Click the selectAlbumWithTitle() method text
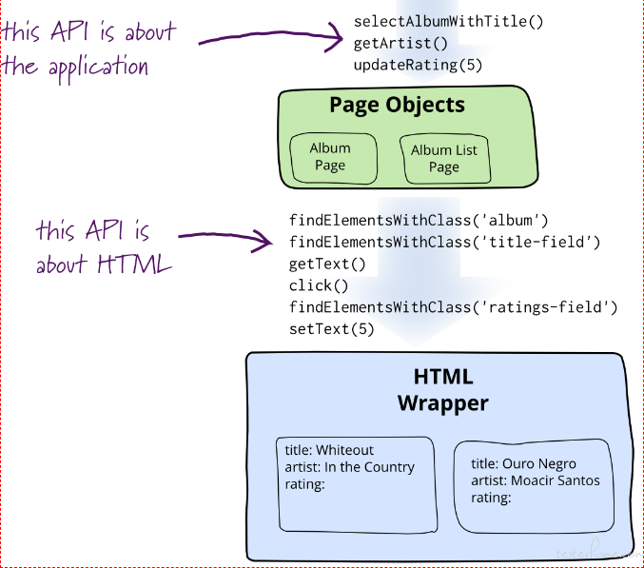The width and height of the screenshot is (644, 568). click(x=448, y=21)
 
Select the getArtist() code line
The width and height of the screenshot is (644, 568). click(x=400, y=43)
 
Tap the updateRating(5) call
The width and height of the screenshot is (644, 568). click(x=418, y=65)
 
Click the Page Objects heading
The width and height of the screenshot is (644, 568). click(x=398, y=105)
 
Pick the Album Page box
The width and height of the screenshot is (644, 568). click(x=333, y=158)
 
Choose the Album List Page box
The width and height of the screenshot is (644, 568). click(x=445, y=159)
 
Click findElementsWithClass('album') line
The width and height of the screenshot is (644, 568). click(x=419, y=221)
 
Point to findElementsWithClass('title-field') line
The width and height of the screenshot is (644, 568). click(x=445, y=243)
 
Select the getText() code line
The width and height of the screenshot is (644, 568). click(x=327, y=264)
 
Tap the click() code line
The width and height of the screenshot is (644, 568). click(x=319, y=285)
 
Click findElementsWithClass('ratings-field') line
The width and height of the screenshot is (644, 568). click(x=454, y=307)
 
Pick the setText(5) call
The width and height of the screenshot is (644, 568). click(x=332, y=329)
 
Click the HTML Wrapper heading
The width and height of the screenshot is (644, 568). click(x=443, y=390)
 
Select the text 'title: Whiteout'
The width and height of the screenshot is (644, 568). click(x=329, y=450)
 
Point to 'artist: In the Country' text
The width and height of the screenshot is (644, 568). click(x=350, y=467)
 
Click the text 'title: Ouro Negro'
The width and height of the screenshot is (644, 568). click(x=523, y=463)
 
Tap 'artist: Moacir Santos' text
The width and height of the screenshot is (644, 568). click(x=536, y=480)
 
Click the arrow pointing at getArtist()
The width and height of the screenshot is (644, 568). click(x=271, y=37)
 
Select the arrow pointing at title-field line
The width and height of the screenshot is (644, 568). click(x=225, y=238)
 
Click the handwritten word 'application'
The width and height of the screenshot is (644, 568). click(x=99, y=68)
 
